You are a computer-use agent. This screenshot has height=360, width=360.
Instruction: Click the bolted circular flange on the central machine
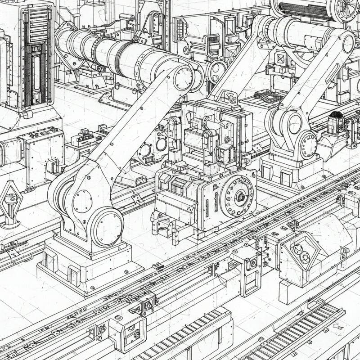click(237, 197)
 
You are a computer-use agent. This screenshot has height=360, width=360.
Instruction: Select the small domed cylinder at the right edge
click(335, 122)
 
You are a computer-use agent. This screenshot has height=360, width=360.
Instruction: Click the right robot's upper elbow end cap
click(348, 44)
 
